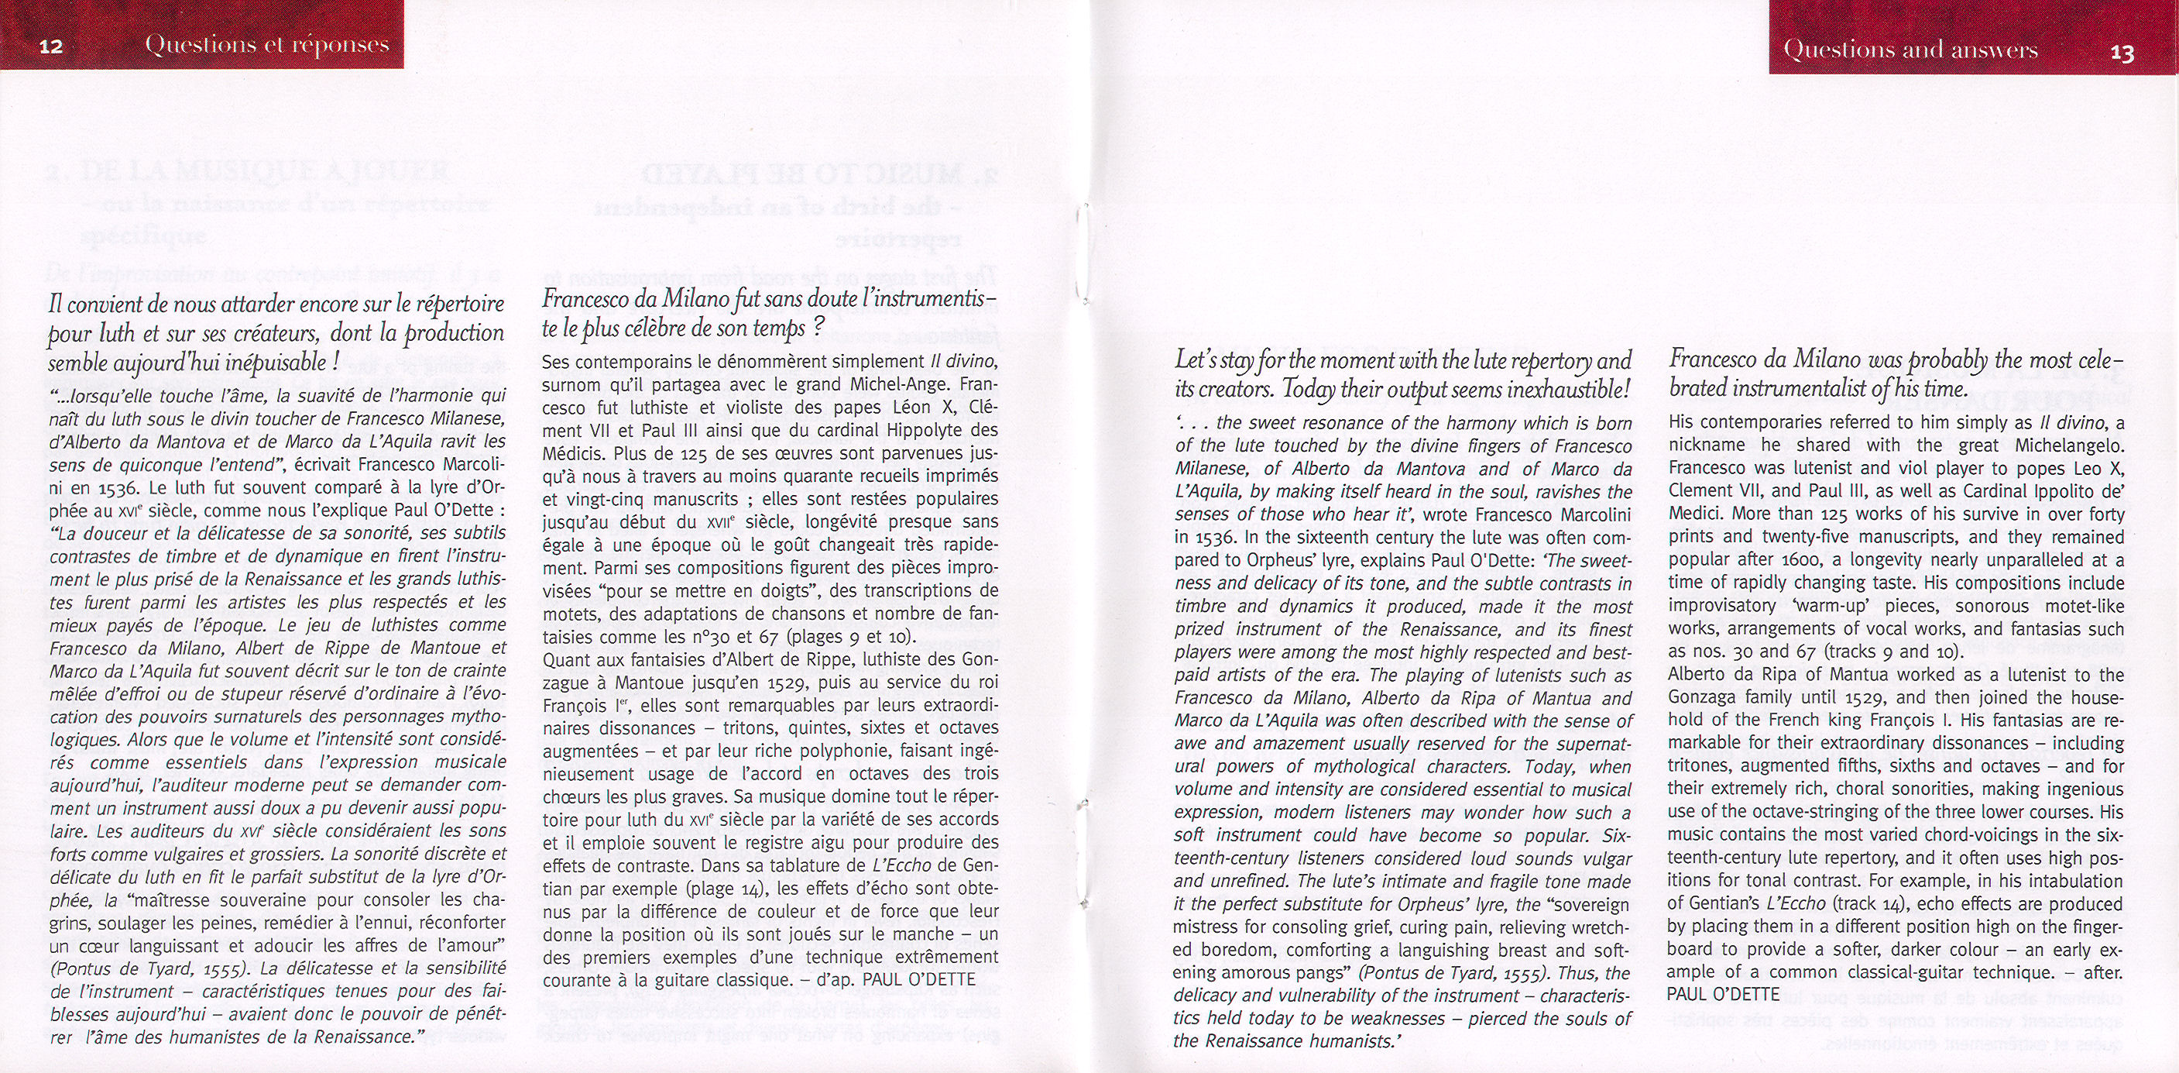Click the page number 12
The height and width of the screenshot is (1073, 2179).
(52, 46)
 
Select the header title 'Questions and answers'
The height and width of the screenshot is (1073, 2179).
(1910, 49)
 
